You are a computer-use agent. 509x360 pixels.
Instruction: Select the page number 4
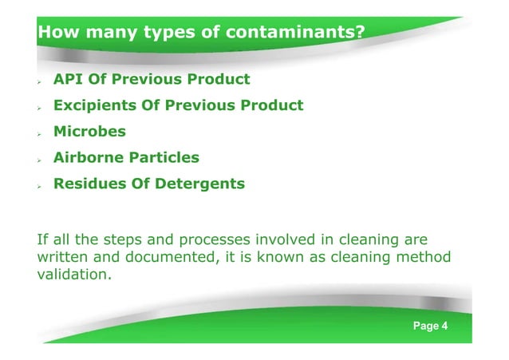tap(444, 326)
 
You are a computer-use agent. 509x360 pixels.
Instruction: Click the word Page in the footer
tap(424, 326)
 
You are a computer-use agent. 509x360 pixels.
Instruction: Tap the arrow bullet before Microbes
tap(41, 133)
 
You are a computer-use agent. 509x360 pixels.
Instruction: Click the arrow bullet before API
tap(41, 81)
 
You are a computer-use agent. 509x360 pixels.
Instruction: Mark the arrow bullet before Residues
tap(41, 184)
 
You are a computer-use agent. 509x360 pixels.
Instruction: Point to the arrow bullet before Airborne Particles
tap(41, 158)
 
